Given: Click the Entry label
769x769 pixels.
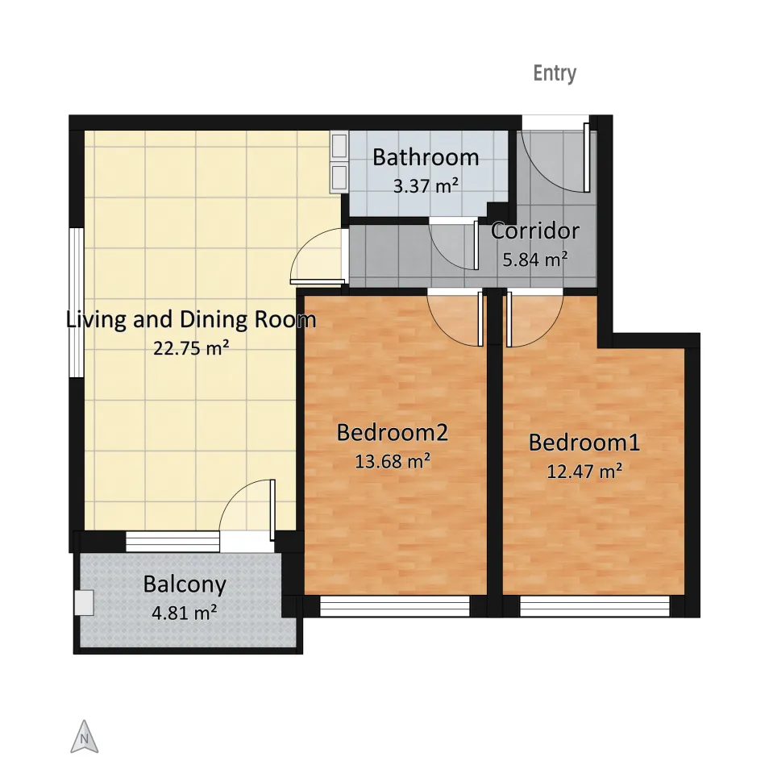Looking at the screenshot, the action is click(555, 73).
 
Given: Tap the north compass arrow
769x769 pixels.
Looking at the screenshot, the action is click(85, 736).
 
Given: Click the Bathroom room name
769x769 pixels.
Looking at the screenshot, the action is click(426, 157).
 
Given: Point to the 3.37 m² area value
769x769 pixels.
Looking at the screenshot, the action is click(426, 186).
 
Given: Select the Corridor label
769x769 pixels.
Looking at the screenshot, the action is click(535, 231).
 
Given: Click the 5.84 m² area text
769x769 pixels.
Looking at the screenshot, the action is click(535, 260).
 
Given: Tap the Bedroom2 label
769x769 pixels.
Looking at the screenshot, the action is click(393, 433).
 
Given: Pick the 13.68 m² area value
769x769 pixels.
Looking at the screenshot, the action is click(393, 462).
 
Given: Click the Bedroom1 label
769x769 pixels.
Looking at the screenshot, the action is click(584, 443).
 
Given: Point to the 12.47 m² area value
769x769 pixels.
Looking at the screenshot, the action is click(584, 472).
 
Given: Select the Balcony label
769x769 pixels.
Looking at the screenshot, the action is click(185, 584).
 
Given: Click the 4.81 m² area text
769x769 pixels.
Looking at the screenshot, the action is click(185, 613).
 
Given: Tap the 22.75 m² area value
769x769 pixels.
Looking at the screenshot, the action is click(191, 348).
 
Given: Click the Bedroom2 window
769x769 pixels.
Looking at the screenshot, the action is click(395, 606).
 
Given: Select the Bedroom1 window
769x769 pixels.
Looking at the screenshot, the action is click(594, 606).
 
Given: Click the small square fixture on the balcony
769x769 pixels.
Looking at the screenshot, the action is click(84, 602).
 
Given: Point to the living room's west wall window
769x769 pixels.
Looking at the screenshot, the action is click(77, 302).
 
